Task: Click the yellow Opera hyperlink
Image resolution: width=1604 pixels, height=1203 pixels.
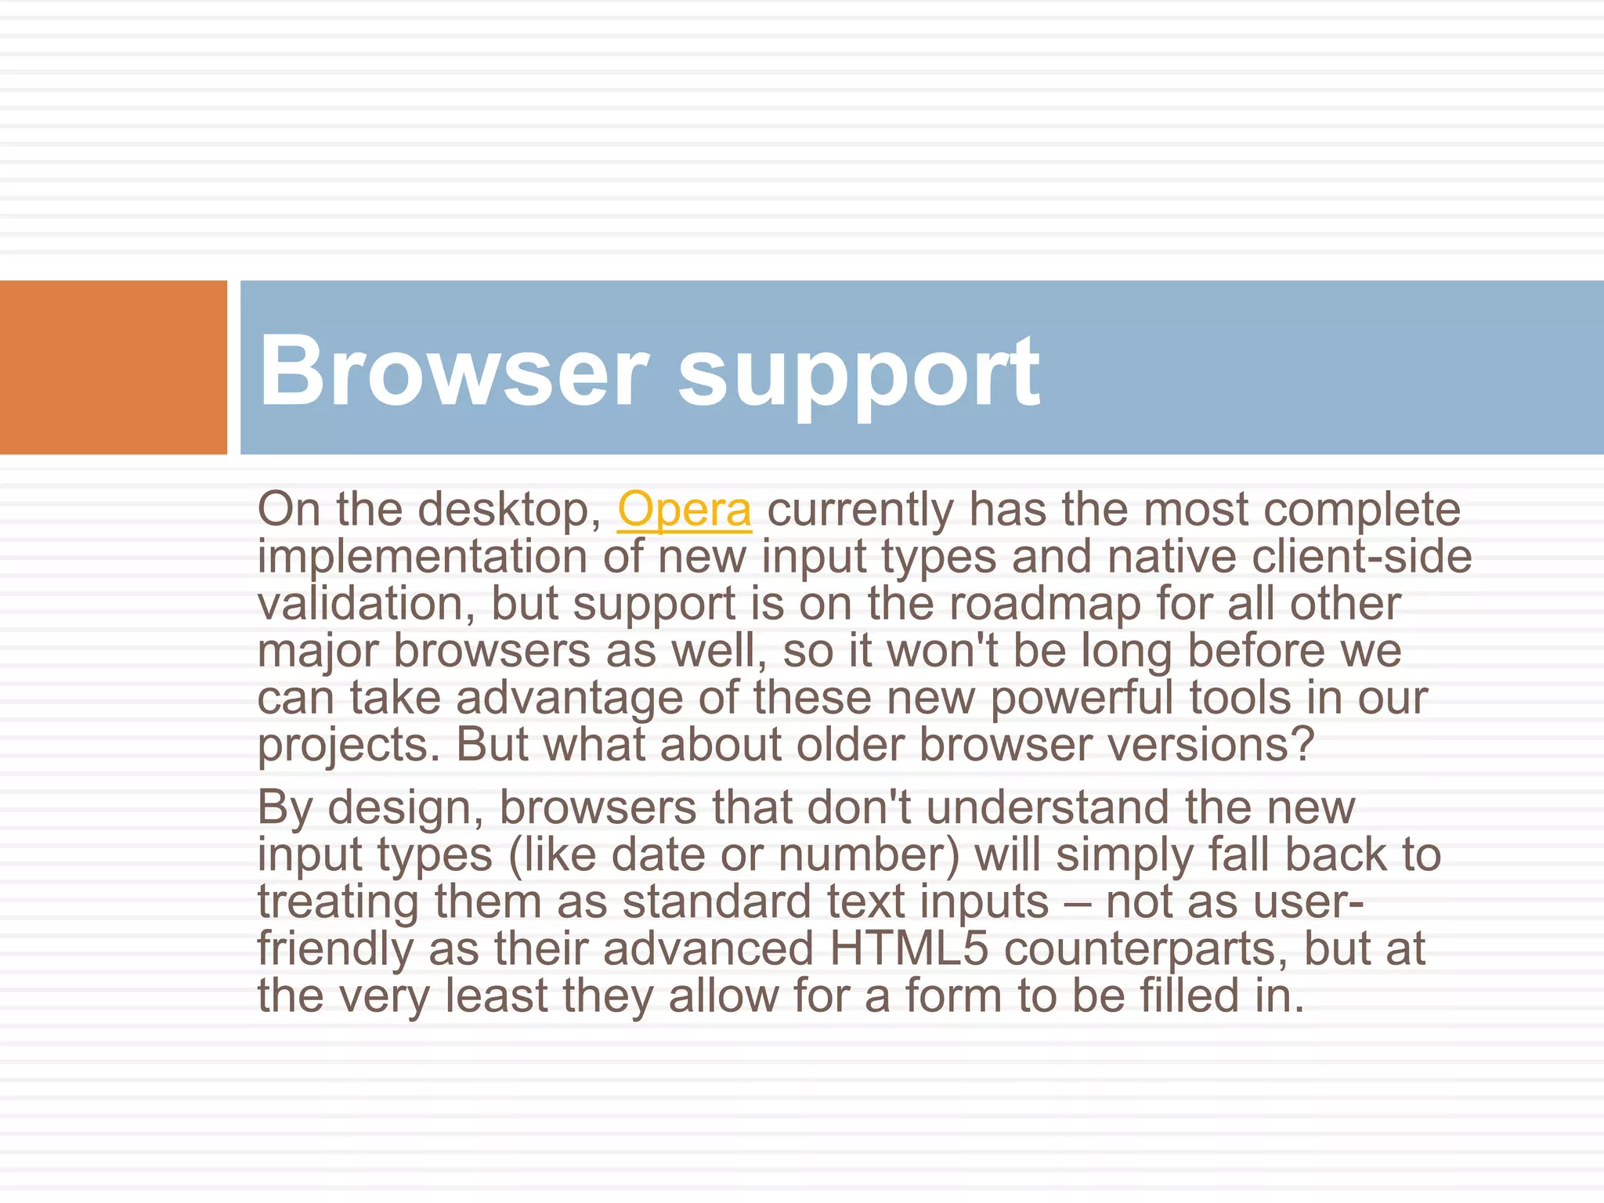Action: pos(685,510)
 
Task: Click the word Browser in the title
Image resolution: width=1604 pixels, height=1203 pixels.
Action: pos(453,370)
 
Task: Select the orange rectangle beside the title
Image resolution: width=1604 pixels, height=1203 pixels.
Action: pos(113,367)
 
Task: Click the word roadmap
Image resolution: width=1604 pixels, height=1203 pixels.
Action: pos(1045,604)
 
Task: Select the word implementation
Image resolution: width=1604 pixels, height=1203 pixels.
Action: pos(422,557)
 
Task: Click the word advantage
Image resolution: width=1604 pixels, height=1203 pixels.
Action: pos(569,698)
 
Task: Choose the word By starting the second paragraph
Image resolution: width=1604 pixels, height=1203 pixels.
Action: pos(284,807)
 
